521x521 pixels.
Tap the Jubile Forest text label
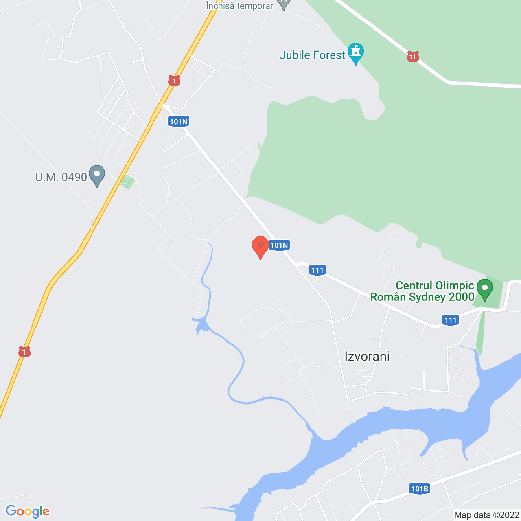pos(312,55)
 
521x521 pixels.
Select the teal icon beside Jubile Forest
pos(356,53)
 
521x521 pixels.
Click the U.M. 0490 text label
pos(61,177)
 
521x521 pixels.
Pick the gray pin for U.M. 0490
pos(97,175)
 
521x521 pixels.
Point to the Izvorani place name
pos(367,356)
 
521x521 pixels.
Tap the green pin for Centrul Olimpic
pos(484,289)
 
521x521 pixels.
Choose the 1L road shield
pos(413,57)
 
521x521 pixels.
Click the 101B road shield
pos(419,489)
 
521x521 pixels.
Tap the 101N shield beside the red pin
pos(279,245)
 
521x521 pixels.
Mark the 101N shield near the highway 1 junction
pos(179,121)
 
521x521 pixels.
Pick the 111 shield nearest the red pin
pos(317,270)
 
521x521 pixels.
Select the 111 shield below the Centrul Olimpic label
pos(451,320)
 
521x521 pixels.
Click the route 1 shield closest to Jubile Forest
pos(174,81)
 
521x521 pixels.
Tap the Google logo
pos(27,511)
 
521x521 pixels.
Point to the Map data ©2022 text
pos(487,515)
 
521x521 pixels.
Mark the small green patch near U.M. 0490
pos(127,181)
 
